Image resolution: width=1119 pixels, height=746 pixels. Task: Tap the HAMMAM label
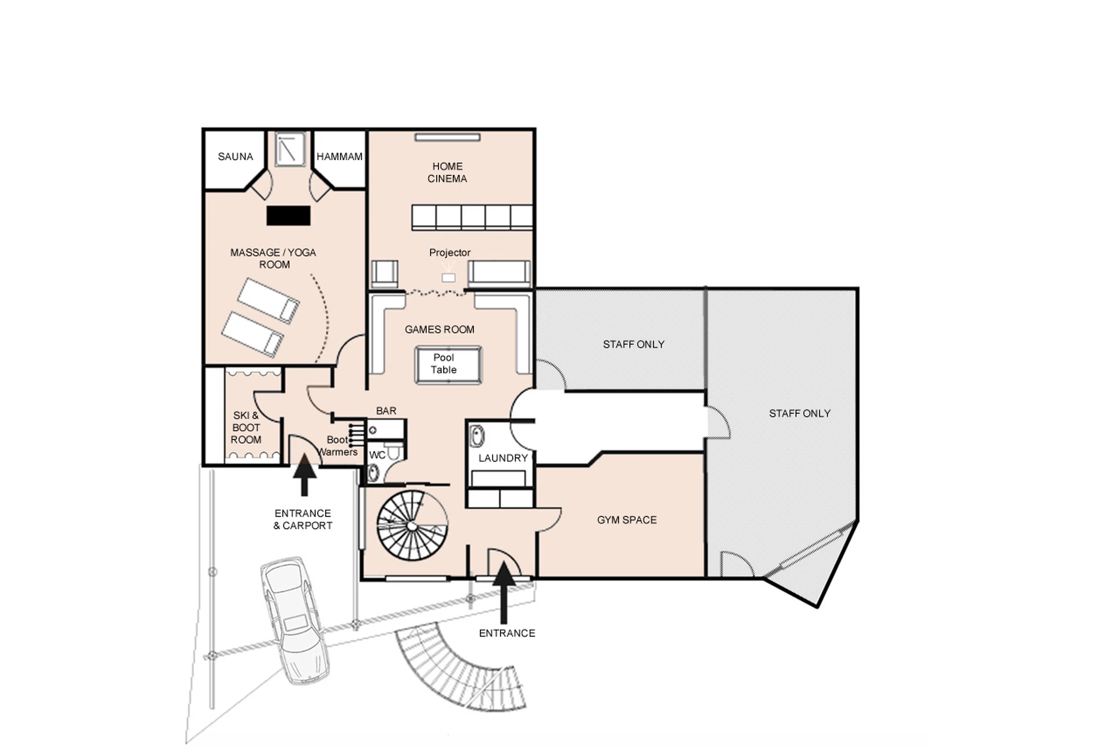tap(339, 157)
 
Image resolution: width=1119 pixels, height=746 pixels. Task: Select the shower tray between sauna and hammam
tap(290, 149)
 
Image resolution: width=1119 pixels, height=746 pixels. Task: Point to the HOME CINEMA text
tap(447, 172)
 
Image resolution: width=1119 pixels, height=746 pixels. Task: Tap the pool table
tap(448, 364)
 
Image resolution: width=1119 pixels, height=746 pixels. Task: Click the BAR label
tap(386, 410)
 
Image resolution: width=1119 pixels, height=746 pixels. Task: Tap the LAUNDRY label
tap(503, 458)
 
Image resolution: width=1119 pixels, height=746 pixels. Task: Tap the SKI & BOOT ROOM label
tap(246, 427)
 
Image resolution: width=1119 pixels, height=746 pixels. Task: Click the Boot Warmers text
tap(338, 446)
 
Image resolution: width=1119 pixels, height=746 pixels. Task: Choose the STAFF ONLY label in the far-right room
tap(799, 413)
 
